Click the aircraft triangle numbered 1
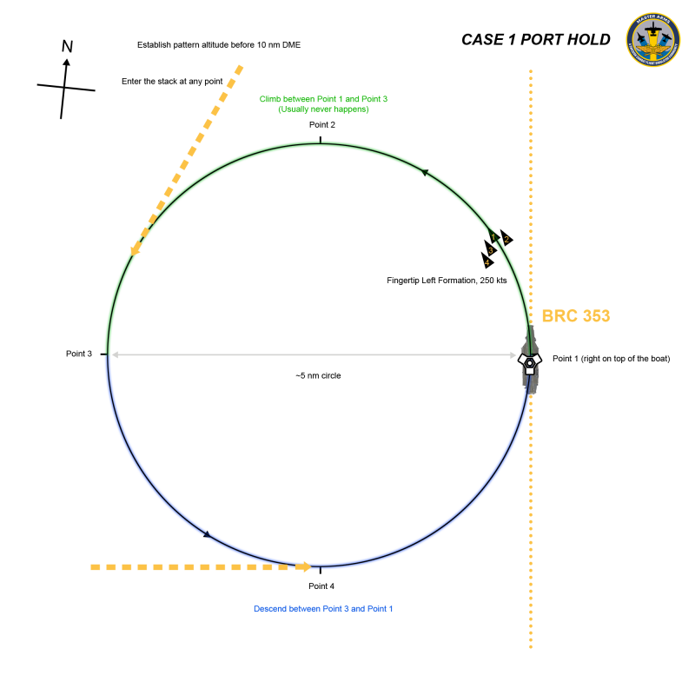pos(493,235)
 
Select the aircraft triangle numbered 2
pos(506,239)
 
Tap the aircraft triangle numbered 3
pos(491,249)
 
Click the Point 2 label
pos(321,125)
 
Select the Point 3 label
pos(79,354)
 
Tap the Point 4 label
pos(321,586)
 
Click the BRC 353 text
pos(576,316)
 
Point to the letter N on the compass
pos(67,46)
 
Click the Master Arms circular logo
pos(652,39)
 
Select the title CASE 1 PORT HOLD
pos(535,40)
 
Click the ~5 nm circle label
pos(318,376)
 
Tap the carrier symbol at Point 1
pos(529,361)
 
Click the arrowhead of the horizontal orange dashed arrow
pos(305,567)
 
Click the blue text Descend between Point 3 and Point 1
pos(323,608)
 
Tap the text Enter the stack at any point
pos(172,81)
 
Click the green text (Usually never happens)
pos(323,109)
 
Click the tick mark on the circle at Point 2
pos(321,139)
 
